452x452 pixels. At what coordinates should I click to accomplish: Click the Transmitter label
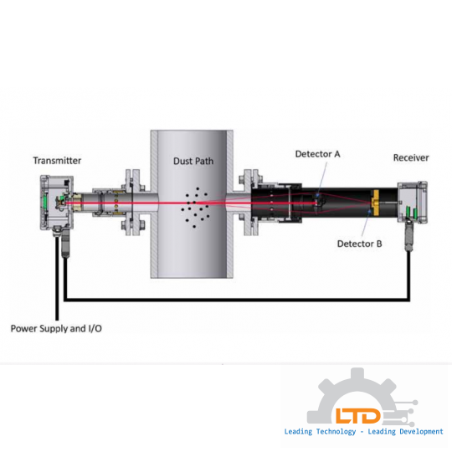coord(57,161)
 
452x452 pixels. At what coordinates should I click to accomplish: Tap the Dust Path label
coord(193,161)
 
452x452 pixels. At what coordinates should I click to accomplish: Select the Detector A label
coord(318,154)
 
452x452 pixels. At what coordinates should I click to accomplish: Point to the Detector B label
coord(359,244)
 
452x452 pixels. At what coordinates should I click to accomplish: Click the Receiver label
coord(411,157)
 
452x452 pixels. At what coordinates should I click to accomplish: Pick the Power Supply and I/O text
coord(56,329)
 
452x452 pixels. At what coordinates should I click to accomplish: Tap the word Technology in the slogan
coord(336,432)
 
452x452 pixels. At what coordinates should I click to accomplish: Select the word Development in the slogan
coord(421,432)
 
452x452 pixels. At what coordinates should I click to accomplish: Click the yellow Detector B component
coord(374,203)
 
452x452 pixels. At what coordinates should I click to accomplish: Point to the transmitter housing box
coord(57,203)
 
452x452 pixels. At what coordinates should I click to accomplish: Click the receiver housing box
coord(412,202)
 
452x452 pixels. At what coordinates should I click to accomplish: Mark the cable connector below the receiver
coord(408,235)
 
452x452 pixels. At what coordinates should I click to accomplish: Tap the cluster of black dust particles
coord(195,208)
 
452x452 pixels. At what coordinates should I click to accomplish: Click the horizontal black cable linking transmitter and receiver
coord(237,300)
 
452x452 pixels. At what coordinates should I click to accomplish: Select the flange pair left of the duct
coord(133,203)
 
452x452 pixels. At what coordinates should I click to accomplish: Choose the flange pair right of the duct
coord(251,203)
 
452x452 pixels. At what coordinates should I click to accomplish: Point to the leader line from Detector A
coord(322,179)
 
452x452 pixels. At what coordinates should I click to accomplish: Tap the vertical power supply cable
coord(57,279)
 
